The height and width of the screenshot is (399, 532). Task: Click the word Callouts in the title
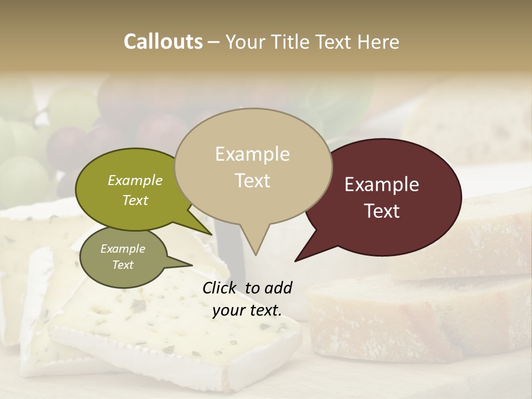[163, 42]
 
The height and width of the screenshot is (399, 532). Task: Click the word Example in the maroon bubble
[382, 185]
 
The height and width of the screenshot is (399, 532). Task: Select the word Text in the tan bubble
[253, 181]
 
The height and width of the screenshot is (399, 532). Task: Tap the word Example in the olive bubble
[135, 180]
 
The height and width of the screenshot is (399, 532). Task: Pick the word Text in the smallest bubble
[122, 265]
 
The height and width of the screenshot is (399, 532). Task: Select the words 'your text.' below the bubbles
[247, 310]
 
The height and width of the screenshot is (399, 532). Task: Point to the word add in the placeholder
[278, 288]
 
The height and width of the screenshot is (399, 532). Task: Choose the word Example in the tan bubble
[253, 154]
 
